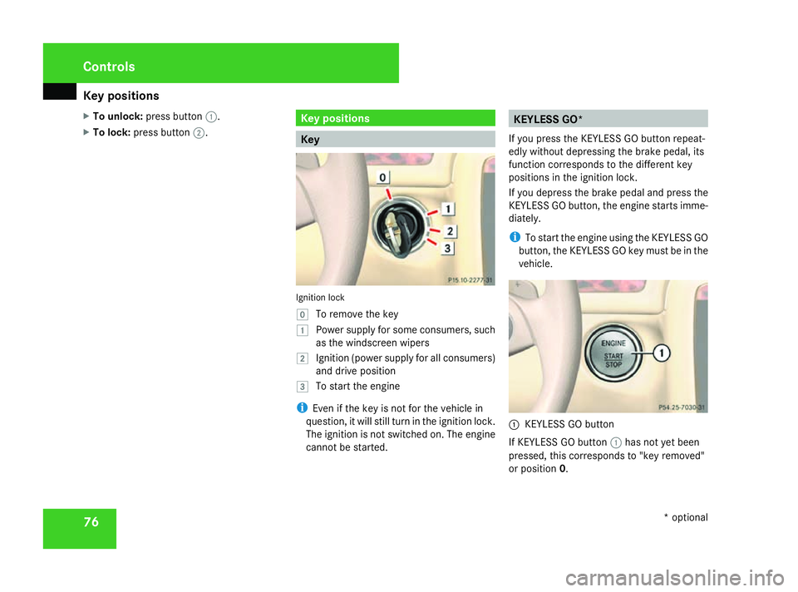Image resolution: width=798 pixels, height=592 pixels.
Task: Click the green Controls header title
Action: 109,67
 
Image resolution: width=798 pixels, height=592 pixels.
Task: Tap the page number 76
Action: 91,522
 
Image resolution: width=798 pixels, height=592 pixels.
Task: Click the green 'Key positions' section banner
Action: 395,118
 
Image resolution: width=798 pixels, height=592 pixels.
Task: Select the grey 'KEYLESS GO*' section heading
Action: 608,119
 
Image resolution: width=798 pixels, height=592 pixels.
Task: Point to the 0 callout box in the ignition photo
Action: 382,177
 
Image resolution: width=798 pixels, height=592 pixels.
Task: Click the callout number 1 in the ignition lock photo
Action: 448,209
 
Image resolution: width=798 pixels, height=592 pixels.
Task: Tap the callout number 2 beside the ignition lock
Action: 450,231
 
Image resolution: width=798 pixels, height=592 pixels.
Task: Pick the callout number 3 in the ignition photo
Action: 447,248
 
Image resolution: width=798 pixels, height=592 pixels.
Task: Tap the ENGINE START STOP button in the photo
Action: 613,353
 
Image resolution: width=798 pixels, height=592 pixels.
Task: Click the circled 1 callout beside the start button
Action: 662,353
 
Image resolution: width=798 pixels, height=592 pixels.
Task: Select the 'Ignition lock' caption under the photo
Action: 320,298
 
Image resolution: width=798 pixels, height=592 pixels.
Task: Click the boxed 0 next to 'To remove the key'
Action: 303,314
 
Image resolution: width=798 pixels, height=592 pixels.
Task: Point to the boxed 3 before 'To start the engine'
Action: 303,387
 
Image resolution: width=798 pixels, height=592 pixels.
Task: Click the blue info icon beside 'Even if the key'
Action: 302,407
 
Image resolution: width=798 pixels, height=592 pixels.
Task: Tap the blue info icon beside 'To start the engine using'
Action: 515,237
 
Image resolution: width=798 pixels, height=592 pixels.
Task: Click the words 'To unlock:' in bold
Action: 117,116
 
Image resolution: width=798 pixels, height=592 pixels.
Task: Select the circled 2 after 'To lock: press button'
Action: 199,133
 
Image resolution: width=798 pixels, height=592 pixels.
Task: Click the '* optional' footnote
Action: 686,518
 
